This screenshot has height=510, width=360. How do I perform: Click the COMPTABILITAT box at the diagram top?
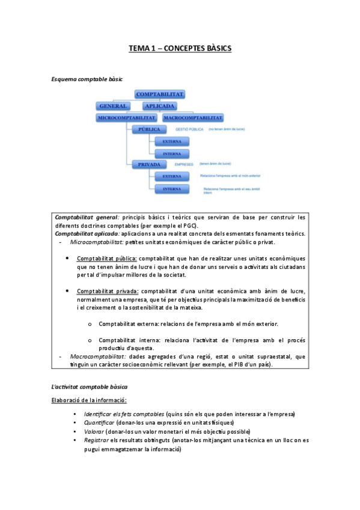[160, 94]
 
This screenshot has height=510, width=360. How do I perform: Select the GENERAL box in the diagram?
[112, 106]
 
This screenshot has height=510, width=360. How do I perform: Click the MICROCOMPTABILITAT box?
[127, 118]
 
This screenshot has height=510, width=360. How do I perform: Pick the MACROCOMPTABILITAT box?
[193, 118]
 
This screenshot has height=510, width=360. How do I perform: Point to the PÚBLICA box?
[149, 129]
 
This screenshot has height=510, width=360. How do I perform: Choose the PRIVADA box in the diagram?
[149, 164]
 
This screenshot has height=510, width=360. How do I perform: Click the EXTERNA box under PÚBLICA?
[171, 141]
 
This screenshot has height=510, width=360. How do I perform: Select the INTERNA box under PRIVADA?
[171, 188]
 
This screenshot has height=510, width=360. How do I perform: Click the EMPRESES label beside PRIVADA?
[185, 164]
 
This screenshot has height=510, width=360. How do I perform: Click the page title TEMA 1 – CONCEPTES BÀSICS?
[180, 48]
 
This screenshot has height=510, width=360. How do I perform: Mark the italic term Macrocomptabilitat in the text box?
[97, 356]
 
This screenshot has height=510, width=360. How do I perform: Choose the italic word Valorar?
[94, 431]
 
